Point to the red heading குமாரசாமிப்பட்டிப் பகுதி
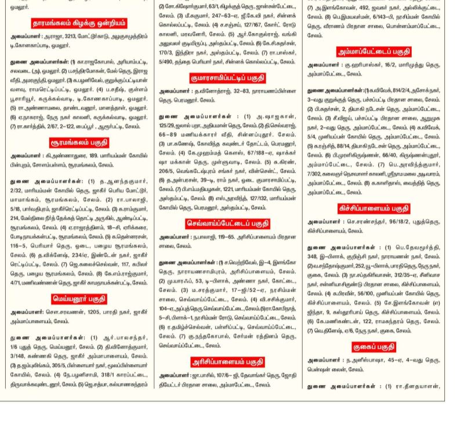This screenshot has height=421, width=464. [229, 78]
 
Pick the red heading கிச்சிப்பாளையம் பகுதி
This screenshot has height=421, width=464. [375, 208]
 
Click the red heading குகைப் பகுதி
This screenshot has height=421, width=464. [375, 347]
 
